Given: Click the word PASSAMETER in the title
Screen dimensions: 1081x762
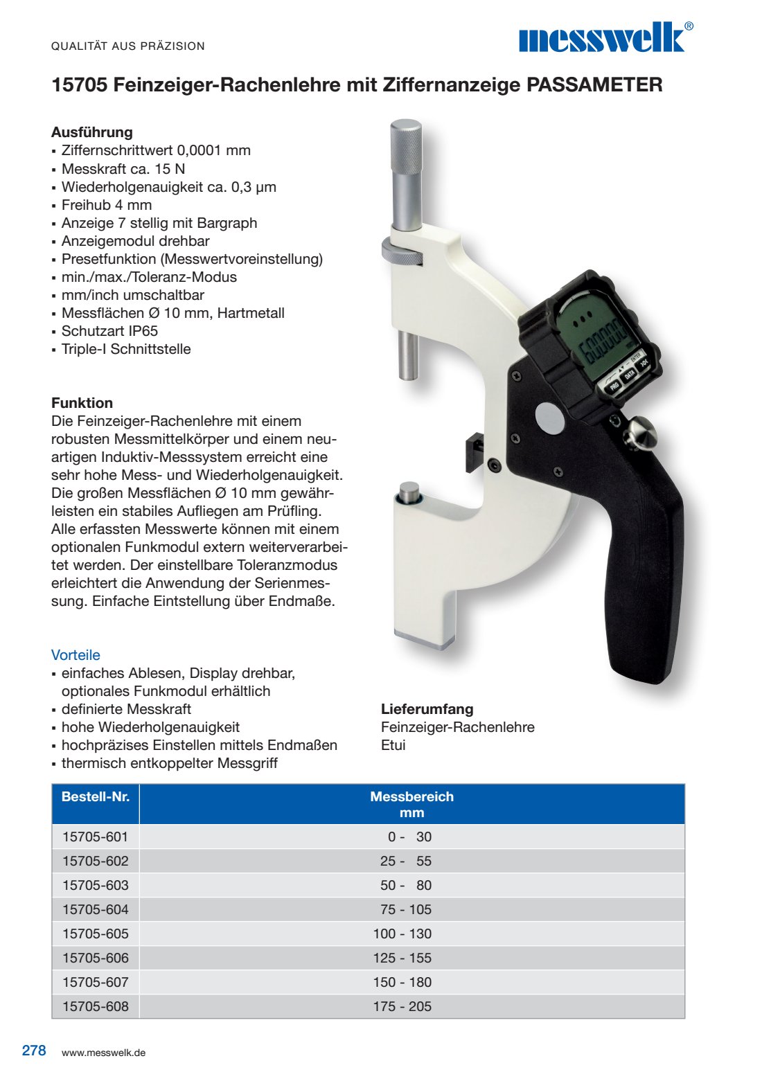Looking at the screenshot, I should (594, 85).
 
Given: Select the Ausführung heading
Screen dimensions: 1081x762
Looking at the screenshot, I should (91, 132).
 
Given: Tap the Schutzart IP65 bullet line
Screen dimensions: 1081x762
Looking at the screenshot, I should (109, 331).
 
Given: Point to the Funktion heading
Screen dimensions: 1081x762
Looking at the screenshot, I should (82, 403).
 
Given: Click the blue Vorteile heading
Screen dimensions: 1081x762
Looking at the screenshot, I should (76, 655).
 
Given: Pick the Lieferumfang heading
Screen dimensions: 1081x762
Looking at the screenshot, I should (427, 709).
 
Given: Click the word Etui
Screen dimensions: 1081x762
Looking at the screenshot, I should (393, 745).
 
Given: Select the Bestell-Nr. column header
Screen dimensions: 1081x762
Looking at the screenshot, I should (96, 797).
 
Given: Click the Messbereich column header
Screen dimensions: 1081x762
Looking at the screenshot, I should (411, 804).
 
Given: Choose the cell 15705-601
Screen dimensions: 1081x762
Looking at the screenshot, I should (96, 837).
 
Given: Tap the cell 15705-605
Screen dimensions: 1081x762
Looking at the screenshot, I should (96, 933).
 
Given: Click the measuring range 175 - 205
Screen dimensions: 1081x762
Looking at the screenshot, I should (402, 1006).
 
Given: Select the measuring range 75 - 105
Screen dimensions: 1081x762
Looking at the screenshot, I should (405, 909).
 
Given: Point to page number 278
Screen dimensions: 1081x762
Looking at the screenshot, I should (34, 1051).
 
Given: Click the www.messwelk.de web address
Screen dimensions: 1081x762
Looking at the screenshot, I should (103, 1053).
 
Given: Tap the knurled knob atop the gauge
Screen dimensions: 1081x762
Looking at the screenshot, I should (405, 147).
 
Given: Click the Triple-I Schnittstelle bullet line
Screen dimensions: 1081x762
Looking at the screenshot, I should (125, 349).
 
